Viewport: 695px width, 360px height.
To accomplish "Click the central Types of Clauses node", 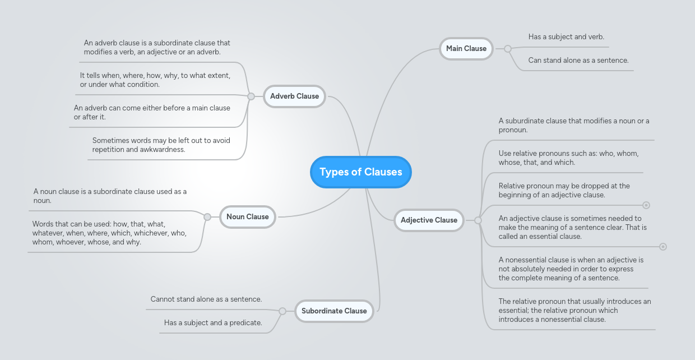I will click(360, 172).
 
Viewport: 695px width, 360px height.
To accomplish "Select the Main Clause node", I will click(466, 49).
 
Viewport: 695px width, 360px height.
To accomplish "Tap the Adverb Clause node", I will click(294, 96).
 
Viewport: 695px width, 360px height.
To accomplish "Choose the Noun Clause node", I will click(247, 217).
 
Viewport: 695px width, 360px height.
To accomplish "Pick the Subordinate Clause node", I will click(333, 311).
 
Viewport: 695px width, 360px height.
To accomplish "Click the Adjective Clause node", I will click(429, 220).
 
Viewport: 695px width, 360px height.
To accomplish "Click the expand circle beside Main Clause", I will click(508, 49).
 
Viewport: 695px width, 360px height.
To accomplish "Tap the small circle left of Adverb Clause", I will click(251, 96).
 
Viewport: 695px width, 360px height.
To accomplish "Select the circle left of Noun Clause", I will click(207, 217).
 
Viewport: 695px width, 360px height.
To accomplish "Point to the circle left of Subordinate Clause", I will click(282, 311).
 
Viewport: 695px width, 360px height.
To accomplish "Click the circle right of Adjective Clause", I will click(478, 220).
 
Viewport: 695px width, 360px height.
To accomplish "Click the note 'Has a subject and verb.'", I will click(566, 37).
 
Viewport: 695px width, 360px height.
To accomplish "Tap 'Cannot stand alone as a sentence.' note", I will click(206, 299).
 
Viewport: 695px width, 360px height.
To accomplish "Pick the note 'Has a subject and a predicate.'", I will click(213, 323).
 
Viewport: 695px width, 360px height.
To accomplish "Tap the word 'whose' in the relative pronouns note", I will click(509, 163).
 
